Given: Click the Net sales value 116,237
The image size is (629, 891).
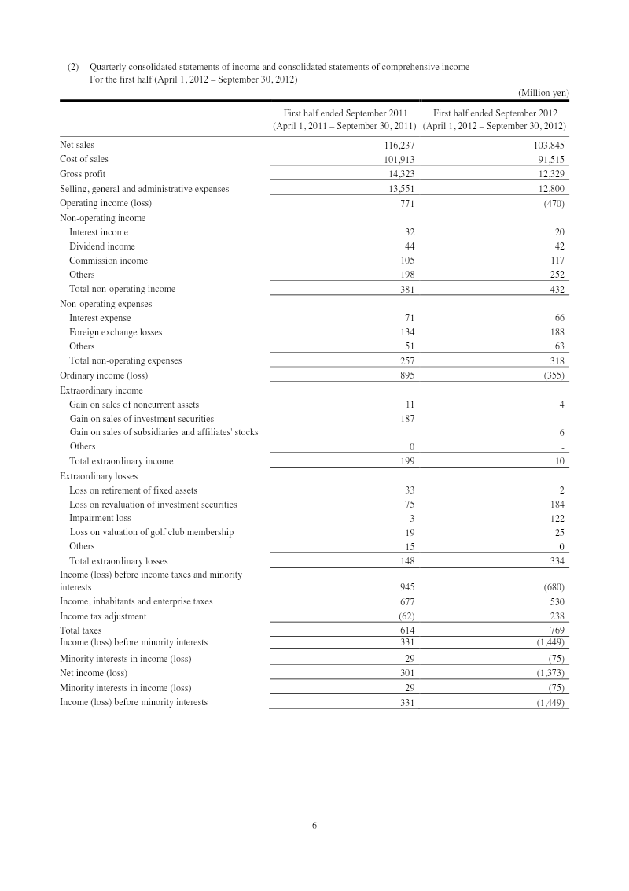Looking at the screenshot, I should tap(396, 145).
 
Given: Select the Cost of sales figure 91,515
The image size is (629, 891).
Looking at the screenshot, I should tap(549, 159).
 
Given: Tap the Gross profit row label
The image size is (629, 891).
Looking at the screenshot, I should tap(83, 173).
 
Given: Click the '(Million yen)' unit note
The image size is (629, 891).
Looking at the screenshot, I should tap(543, 93).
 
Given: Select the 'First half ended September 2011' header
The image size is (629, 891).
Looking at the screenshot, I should tap(344, 113).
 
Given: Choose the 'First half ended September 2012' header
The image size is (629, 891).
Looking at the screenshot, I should tap(495, 113).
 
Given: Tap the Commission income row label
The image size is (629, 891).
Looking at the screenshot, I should tap(109, 261).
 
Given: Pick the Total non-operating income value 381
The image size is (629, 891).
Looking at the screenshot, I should tap(404, 289).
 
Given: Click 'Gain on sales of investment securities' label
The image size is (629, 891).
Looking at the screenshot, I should tap(142, 418).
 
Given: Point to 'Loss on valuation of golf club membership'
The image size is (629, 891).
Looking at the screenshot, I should tap(151, 532).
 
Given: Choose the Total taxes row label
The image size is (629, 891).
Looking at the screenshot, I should tap(80, 630).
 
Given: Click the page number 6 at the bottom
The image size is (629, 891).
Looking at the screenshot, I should tap(314, 826).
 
